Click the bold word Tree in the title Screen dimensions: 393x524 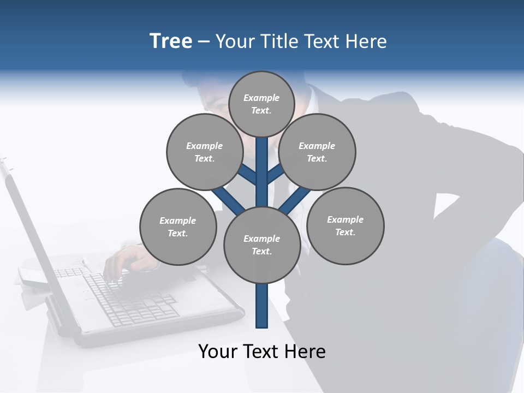point(171,41)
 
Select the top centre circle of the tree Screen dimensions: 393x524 point(261,104)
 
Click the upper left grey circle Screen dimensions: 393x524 point(205,152)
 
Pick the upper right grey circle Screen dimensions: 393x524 point(317,152)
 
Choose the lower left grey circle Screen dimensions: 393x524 point(178,227)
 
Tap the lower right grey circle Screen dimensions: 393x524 point(345,225)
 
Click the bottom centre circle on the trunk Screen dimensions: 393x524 point(262,245)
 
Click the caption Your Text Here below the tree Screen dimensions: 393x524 point(262,351)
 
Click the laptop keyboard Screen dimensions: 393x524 point(131,297)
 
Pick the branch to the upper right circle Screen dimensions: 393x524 point(275,175)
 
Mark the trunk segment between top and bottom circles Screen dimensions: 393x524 point(262,175)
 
